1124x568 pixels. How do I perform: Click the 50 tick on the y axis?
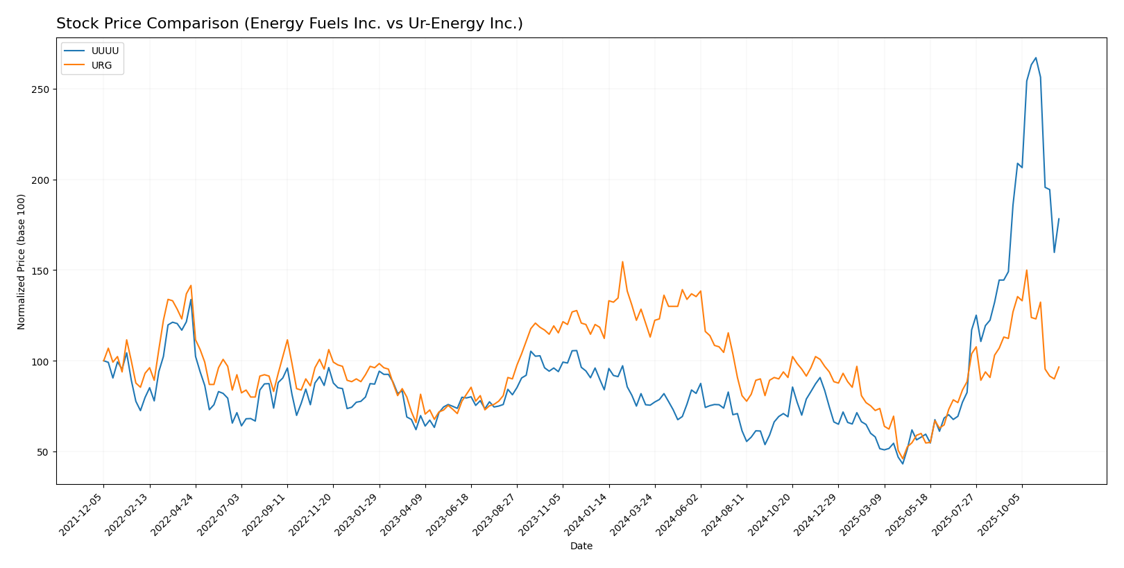pyautogui.click(x=44, y=452)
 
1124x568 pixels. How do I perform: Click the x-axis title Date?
pyautogui.click(x=581, y=547)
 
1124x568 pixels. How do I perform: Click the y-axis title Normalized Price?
pyautogui.click(x=22, y=261)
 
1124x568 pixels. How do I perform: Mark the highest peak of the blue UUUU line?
pyautogui.click(x=1035, y=58)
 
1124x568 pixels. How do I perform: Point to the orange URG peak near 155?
pyautogui.click(x=622, y=261)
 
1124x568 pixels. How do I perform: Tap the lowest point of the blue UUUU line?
pyautogui.click(x=903, y=463)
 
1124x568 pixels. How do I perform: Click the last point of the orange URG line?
pyautogui.click(x=1059, y=367)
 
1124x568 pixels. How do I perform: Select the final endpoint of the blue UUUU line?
pyautogui.click(x=1059, y=218)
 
